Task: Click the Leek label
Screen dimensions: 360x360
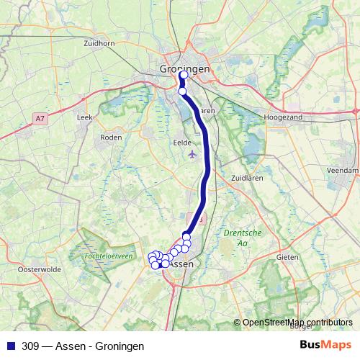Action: pyautogui.click(x=85, y=116)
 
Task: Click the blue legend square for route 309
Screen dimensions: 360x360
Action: pyautogui.click(x=10, y=346)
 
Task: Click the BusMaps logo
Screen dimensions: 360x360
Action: pyautogui.click(x=325, y=345)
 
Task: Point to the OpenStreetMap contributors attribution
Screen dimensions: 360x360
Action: pyautogui.click(x=297, y=322)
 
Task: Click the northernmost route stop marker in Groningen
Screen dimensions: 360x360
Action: pyautogui.click(x=183, y=75)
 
